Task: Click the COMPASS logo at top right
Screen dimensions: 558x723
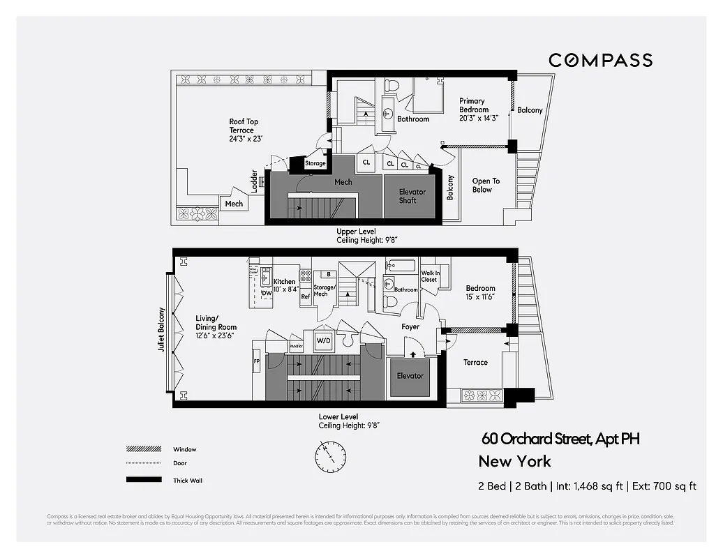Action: [x=600, y=60]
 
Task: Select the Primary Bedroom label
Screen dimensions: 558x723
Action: [x=477, y=110]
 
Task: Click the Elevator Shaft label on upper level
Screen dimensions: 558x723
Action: [x=412, y=196]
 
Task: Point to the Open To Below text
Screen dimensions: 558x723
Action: [x=486, y=185]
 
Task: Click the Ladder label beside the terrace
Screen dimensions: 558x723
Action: [x=255, y=181]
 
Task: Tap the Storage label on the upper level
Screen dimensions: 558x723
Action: [x=315, y=164]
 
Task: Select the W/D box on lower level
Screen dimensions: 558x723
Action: [x=323, y=341]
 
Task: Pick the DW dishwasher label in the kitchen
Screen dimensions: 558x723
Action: [x=266, y=294]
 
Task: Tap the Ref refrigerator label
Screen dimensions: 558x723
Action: [x=305, y=296]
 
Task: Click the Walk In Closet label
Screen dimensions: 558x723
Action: [x=429, y=276]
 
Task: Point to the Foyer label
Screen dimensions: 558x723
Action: [x=410, y=326]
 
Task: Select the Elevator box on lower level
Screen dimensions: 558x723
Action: [x=410, y=376]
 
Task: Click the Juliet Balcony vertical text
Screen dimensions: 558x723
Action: [x=161, y=329]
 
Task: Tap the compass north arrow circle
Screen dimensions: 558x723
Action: [x=329, y=456]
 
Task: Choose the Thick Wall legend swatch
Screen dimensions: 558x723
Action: [x=140, y=480]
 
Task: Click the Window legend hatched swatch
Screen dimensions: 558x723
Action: [x=140, y=449]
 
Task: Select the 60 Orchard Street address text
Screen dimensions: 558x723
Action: [x=560, y=439]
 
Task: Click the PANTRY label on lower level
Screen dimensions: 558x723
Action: [x=297, y=345]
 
